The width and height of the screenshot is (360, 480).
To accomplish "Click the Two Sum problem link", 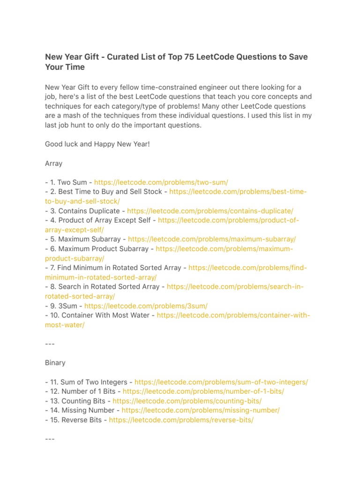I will click(161, 182).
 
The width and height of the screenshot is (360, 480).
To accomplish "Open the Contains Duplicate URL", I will click(210, 211).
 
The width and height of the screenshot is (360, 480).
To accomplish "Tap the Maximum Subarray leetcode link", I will click(212, 239).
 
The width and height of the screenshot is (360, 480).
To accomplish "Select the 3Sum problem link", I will click(146, 306).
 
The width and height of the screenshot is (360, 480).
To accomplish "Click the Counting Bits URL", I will click(187, 401).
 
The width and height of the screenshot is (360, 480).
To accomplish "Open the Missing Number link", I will click(201, 411).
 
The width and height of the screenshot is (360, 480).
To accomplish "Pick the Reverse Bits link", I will click(181, 420).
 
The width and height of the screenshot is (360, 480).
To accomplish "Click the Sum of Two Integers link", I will click(221, 382).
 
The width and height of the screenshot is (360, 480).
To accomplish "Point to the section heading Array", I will click(53, 164).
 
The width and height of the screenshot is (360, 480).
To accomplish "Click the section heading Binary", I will click(55, 363).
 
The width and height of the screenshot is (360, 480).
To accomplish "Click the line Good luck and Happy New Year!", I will click(97, 144).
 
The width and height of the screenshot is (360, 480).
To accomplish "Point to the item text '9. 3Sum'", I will click(64, 306).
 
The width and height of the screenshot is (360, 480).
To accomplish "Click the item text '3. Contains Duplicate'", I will click(84, 211).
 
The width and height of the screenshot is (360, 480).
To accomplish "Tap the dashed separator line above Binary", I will click(50, 344).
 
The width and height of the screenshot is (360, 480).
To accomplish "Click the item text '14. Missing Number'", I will click(81, 411).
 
